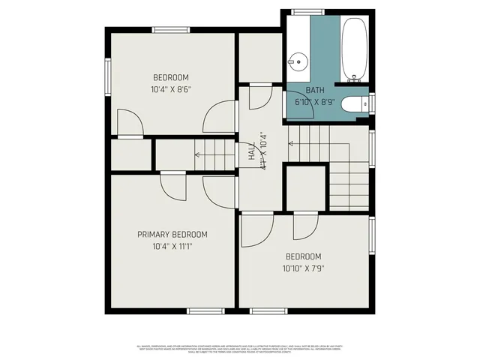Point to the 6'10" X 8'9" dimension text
pos(313,101)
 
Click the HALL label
pos(251,152)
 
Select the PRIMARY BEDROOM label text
pos(172,235)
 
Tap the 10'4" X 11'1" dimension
pos(172,246)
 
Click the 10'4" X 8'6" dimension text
pos(171,89)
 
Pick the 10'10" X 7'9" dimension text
pos(303,268)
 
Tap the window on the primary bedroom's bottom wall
pos(205,310)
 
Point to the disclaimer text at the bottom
pos(240,349)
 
